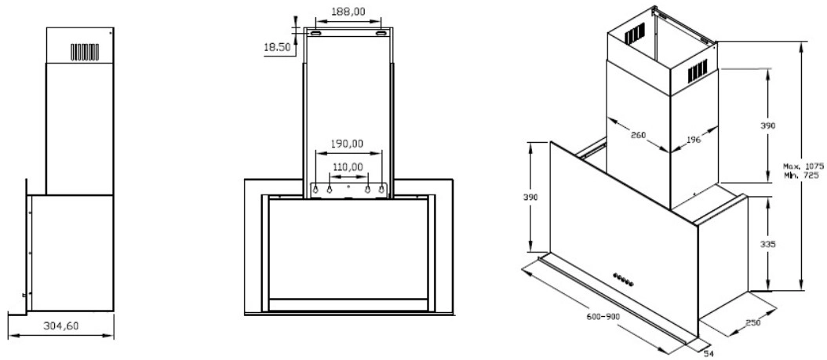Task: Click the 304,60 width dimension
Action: tap(60, 325)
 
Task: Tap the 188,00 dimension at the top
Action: tap(348, 12)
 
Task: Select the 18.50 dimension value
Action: tap(278, 47)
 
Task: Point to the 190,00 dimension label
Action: tap(347, 144)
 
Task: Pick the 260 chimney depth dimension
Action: tap(639, 135)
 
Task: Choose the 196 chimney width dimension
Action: tap(694, 140)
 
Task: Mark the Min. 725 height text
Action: tap(800, 175)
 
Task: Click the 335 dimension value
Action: tap(767, 244)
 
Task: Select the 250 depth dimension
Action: tap(753, 322)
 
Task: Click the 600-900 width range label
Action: tap(603, 317)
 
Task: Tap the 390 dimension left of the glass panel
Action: tap(530, 197)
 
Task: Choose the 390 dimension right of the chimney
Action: tap(767, 125)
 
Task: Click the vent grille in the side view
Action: tap(85, 52)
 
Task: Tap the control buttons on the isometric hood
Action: tap(623, 279)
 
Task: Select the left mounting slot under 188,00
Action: tap(315, 34)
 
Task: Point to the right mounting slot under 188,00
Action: tap(381, 34)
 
